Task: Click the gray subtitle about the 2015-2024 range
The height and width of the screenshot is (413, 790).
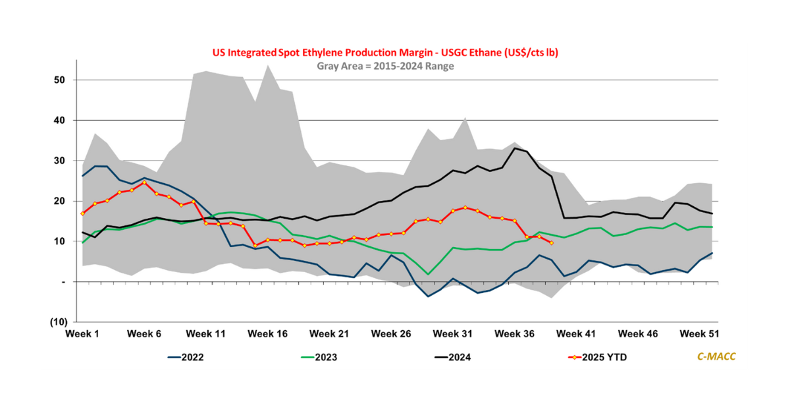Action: pos(385,66)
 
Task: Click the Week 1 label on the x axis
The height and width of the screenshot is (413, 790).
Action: pos(82,334)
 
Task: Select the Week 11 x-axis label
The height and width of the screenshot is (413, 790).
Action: pos(206,334)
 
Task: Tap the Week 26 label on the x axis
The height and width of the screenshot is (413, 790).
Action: pos(392,334)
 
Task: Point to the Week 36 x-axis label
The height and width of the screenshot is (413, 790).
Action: pos(515,334)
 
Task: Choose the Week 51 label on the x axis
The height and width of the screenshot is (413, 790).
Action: pos(700,334)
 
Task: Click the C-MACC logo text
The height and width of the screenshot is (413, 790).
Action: pos(716,356)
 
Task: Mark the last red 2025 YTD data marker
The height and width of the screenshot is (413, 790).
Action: pos(551,243)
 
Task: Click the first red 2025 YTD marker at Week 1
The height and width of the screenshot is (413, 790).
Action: pos(82,213)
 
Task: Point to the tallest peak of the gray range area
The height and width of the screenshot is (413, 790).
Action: pos(268,65)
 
